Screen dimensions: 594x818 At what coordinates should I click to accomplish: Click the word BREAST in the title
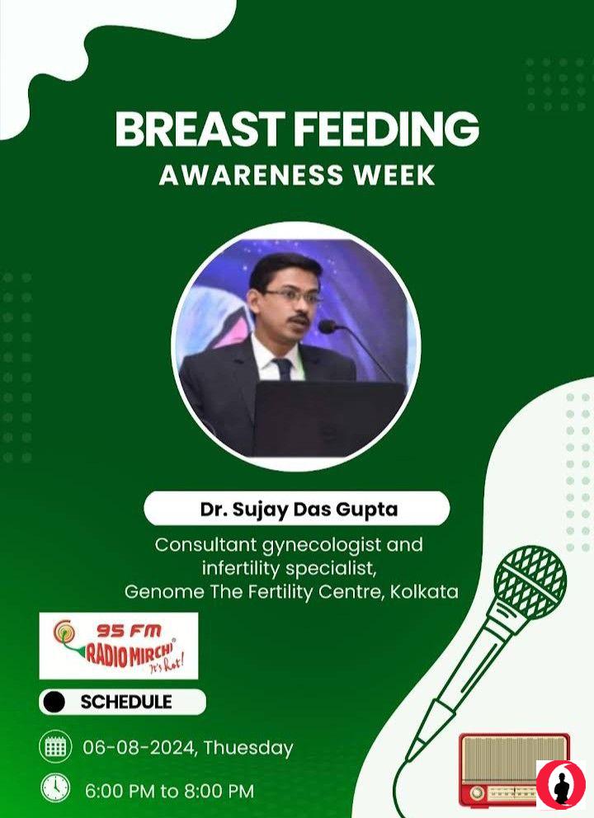[x=200, y=129]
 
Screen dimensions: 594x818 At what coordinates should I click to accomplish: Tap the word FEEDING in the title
[x=387, y=129]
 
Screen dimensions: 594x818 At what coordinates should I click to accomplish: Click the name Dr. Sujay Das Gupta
[x=299, y=509]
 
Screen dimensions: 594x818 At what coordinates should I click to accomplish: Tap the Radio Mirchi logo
[x=119, y=646]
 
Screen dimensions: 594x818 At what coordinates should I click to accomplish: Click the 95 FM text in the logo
[x=129, y=631]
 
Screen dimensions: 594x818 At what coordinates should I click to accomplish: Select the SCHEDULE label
[x=125, y=702]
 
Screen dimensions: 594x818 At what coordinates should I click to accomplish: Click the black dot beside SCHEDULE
[x=54, y=703]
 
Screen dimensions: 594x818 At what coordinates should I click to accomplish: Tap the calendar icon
[x=55, y=747]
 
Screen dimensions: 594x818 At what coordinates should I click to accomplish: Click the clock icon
[x=55, y=787]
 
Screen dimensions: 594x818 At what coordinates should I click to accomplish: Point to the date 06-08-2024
[x=139, y=748]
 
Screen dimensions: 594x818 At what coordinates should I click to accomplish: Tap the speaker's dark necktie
[x=284, y=369]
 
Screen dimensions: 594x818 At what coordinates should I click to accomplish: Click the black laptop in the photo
[x=329, y=418]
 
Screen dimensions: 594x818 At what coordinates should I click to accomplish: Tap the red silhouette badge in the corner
[x=561, y=785]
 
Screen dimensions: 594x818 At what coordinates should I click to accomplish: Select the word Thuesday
[x=248, y=748]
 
